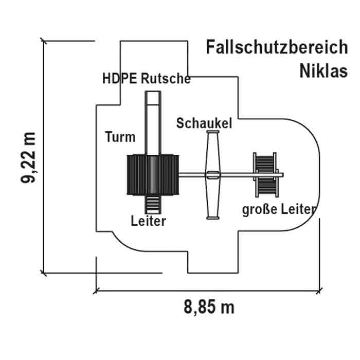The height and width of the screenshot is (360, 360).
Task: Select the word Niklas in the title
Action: pos(323,70)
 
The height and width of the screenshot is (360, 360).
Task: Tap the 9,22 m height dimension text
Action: pos(28,157)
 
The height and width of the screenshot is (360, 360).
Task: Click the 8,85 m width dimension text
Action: pos(209,308)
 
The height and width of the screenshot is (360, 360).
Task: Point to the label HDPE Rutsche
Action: pos(147,79)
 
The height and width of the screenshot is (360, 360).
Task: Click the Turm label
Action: pos(120,137)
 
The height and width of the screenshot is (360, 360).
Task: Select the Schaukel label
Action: pos(204,123)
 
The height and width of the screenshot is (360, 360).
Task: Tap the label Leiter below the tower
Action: pos(149,222)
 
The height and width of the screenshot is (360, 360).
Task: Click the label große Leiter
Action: pos(279,209)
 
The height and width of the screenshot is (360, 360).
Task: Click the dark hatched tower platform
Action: pos(153,175)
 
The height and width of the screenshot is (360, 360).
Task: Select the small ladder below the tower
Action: pos(153,204)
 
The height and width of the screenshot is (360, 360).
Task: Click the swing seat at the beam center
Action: pos(212,175)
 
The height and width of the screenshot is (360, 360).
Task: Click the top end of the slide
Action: pos(153,93)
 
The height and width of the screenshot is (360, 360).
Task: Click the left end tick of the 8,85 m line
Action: pos(96,291)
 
